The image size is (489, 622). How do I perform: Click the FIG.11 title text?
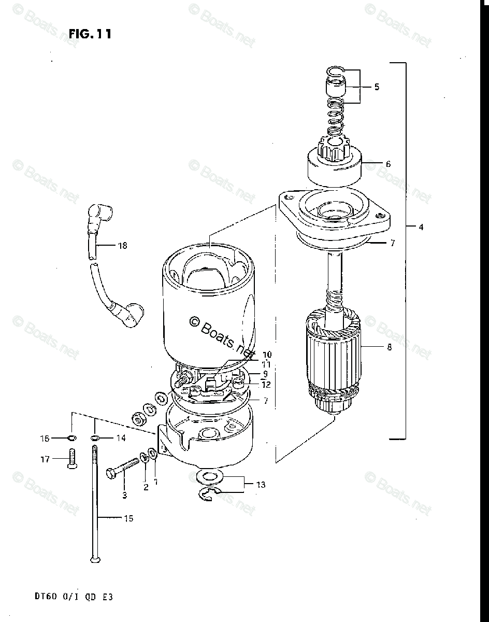90,34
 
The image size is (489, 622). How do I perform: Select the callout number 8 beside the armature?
389,347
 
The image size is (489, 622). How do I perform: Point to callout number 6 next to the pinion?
388,164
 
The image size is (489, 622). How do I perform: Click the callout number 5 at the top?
376,87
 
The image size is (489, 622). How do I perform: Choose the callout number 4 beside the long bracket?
421,227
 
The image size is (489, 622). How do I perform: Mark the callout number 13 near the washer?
260,485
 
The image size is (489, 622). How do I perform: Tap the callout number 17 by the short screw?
45,459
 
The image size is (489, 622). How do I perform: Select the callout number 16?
45,439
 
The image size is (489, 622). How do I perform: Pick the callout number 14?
120,438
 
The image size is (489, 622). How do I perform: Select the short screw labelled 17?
71,459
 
